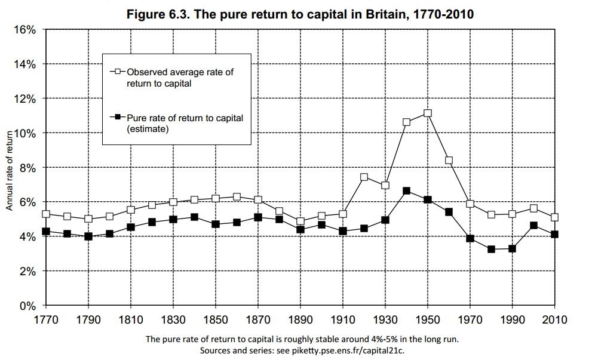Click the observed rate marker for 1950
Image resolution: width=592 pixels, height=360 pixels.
(x=427, y=113)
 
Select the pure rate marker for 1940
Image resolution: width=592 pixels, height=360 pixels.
(x=406, y=191)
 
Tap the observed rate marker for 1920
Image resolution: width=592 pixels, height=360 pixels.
(x=364, y=177)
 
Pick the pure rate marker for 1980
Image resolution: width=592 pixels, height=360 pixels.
(x=491, y=249)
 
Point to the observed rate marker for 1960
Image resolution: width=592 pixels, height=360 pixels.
(x=449, y=160)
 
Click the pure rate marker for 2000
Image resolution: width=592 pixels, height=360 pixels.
(x=533, y=226)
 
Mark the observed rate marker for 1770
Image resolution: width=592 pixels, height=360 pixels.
(x=46, y=214)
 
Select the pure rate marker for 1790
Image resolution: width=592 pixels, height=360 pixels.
(x=88, y=236)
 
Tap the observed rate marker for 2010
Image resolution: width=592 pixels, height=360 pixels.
(x=555, y=217)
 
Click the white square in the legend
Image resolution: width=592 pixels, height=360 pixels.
(x=117, y=72)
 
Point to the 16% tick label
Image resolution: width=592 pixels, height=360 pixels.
(x=24, y=30)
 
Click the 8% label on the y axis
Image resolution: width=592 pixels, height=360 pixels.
(x=27, y=168)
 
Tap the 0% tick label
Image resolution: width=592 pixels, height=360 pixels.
(x=27, y=306)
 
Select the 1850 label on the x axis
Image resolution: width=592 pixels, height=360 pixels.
(x=216, y=320)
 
